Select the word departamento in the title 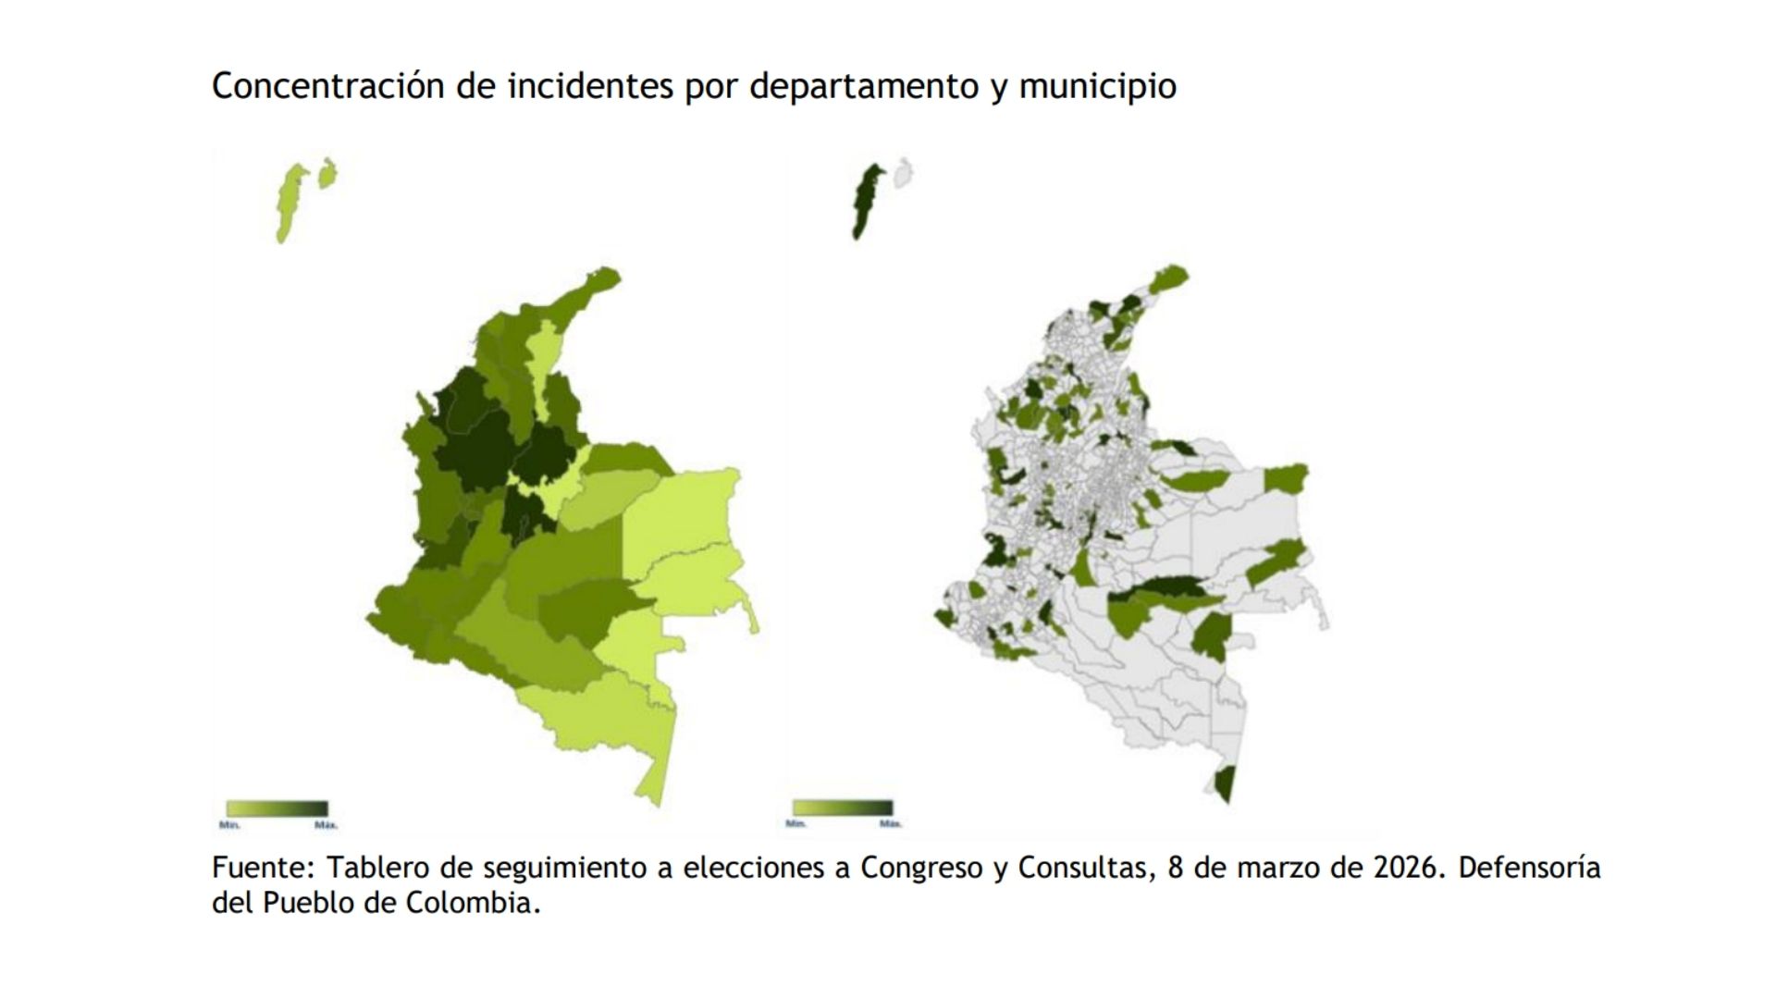[863, 86]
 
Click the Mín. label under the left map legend [229, 823]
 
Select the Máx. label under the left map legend [326, 823]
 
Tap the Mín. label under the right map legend [795, 822]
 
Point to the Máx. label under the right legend [890, 822]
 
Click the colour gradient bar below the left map [277, 808]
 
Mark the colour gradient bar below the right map [842, 808]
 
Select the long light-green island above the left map [291, 202]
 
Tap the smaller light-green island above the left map [327, 173]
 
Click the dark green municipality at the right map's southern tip [1225, 783]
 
